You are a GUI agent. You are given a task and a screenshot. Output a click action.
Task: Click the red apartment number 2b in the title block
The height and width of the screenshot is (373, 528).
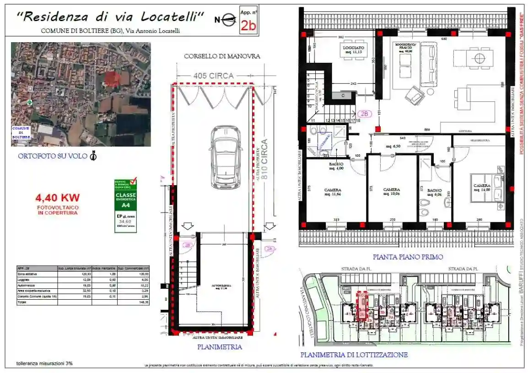(248, 25)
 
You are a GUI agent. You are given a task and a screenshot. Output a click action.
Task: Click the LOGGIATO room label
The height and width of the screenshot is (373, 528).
(353, 49)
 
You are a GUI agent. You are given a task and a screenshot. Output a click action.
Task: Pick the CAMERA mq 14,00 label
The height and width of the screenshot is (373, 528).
(481, 187)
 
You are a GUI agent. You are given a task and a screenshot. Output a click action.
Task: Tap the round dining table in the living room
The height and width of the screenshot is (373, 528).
(480, 58)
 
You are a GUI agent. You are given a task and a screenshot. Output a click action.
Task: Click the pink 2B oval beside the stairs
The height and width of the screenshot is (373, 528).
(365, 114)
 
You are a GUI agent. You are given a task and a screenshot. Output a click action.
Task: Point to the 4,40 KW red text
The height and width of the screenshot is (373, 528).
(58, 198)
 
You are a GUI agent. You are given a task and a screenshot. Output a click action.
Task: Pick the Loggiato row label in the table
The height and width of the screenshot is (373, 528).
(24, 280)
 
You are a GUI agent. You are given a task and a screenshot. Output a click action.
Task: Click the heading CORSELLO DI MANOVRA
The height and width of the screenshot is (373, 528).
(222, 56)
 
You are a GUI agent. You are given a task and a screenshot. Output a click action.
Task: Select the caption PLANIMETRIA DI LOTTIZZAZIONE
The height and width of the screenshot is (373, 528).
(354, 355)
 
